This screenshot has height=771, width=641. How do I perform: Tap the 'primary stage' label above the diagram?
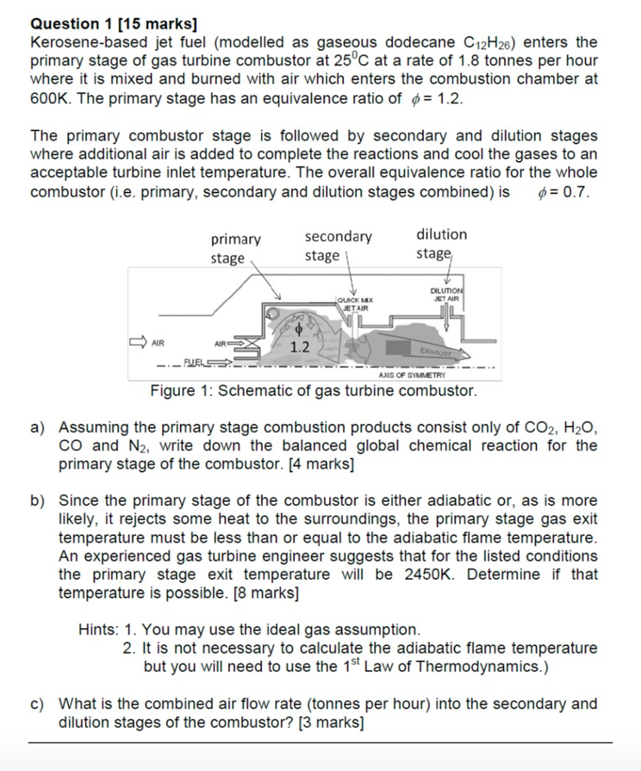click(x=235, y=248)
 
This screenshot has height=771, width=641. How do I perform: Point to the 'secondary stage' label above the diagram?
click(x=337, y=245)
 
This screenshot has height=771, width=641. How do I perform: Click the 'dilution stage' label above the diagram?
click(x=441, y=243)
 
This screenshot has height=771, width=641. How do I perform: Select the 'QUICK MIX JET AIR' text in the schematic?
click(x=356, y=304)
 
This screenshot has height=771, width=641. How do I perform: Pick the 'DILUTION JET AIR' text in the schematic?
click(x=447, y=294)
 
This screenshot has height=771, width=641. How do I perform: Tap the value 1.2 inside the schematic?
click(x=300, y=348)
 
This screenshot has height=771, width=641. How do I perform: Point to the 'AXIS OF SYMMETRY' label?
click(x=411, y=374)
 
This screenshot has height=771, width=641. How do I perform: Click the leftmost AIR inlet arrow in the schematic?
click(x=139, y=343)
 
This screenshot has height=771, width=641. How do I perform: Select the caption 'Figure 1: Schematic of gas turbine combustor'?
click(x=313, y=392)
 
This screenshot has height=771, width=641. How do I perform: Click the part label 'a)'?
click(x=38, y=428)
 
